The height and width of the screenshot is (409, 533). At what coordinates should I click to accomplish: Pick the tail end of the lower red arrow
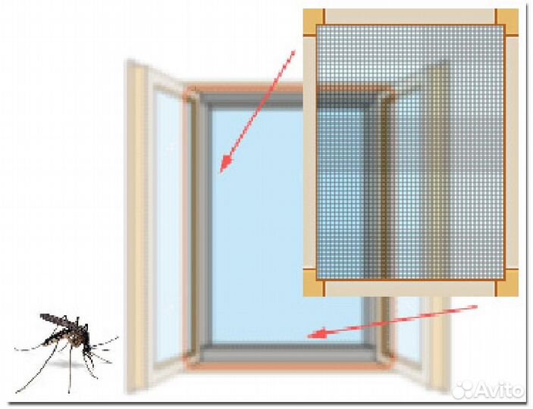476,307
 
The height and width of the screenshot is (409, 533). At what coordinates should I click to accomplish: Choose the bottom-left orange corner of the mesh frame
313,286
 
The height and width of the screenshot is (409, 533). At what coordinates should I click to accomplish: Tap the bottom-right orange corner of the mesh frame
508,286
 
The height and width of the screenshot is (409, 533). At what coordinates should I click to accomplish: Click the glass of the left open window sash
167,227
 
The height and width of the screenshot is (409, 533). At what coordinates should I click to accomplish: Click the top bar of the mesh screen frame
409,15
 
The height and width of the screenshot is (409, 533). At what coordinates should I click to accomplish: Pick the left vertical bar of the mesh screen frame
309,151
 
